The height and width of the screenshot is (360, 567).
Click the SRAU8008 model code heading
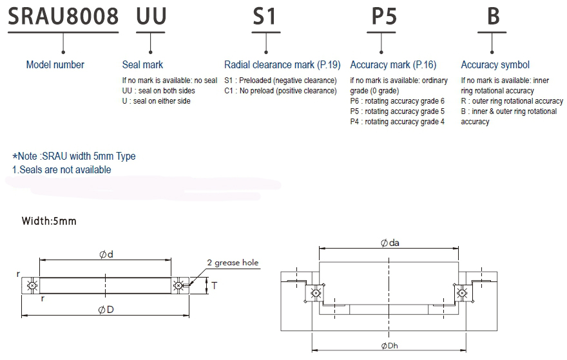[62, 15]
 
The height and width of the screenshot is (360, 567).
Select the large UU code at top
[151, 15]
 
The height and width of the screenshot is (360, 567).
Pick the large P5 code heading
[383, 15]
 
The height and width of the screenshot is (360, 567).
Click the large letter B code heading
[493, 15]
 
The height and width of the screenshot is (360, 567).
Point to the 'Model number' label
[55, 64]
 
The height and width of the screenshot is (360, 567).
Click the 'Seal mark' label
[142, 64]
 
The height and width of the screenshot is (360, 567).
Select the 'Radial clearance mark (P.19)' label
[282, 64]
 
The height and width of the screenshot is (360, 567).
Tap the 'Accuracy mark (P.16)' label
[393, 64]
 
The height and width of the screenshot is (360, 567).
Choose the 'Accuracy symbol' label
[495, 64]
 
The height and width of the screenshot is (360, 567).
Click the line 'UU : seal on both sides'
[159, 91]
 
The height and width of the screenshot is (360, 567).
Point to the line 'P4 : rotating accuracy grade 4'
[397, 122]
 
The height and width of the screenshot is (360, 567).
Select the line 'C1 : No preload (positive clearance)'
[280, 91]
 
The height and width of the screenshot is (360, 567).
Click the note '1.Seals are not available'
[62, 170]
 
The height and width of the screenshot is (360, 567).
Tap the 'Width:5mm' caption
[49, 221]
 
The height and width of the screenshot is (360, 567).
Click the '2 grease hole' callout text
[233, 263]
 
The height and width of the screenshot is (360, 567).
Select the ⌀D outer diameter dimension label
[106, 310]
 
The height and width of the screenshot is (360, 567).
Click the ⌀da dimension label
[390, 243]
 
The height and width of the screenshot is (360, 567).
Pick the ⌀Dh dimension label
[390, 346]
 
